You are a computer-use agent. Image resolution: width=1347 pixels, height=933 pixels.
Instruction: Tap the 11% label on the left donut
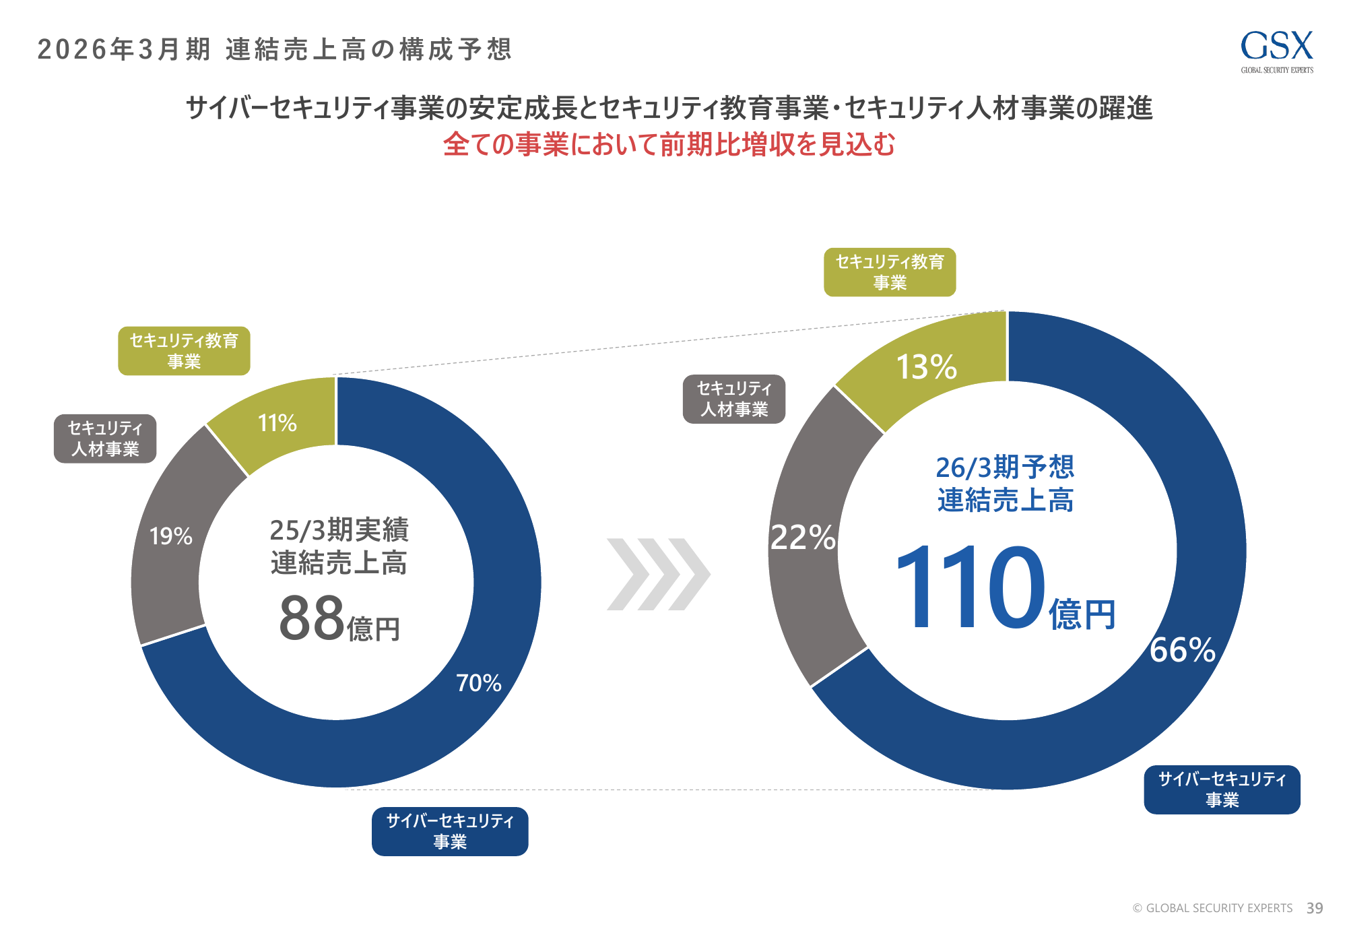click(277, 423)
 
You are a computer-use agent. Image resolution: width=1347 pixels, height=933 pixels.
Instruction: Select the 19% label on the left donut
click(171, 536)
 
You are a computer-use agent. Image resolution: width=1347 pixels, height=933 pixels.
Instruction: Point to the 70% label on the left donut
click(479, 683)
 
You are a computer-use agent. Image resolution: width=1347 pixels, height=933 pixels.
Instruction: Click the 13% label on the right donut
click(926, 367)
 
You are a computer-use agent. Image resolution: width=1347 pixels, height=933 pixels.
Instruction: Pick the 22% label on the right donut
click(803, 538)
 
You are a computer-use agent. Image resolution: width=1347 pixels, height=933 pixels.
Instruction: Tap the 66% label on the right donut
click(1183, 650)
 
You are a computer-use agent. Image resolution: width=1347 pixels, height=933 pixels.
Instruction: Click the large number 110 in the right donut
click(970, 588)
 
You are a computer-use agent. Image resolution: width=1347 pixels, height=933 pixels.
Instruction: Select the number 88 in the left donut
click(312, 618)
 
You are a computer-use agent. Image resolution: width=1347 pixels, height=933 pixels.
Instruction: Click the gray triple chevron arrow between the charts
click(658, 574)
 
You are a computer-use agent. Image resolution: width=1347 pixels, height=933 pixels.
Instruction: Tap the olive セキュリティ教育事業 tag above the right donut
click(890, 272)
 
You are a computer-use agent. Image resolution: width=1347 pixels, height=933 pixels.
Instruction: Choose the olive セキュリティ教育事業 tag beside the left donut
click(184, 351)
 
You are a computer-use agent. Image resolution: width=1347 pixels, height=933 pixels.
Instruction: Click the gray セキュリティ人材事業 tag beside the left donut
click(105, 439)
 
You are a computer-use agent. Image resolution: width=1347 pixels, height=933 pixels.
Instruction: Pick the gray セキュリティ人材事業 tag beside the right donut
click(734, 399)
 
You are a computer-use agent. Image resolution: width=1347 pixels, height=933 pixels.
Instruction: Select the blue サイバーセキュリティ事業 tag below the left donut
click(450, 831)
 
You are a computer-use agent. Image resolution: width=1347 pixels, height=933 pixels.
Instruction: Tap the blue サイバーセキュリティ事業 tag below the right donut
click(1222, 790)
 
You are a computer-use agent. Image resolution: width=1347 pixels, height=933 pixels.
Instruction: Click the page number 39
click(1315, 908)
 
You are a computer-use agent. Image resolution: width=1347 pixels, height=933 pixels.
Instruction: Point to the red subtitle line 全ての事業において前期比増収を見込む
click(669, 144)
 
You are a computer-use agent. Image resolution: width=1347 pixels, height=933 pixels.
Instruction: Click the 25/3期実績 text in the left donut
click(339, 530)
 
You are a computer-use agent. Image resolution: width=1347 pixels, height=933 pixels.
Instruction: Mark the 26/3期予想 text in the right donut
click(1005, 467)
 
